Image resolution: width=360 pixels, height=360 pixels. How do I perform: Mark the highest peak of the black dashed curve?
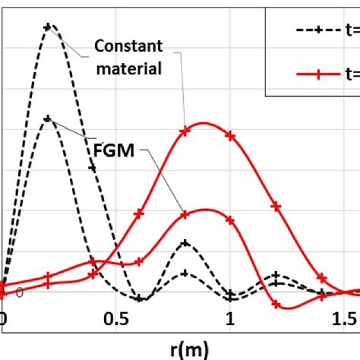[49, 27]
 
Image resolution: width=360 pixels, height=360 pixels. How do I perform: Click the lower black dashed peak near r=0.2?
[49, 118]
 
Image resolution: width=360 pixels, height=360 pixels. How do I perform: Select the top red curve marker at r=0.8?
[185, 131]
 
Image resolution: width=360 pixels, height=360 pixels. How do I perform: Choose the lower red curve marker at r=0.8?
[185, 215]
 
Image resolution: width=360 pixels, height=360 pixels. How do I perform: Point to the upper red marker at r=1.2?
[276, 206]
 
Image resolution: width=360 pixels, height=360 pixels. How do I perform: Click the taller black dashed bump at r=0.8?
[185, 244]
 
